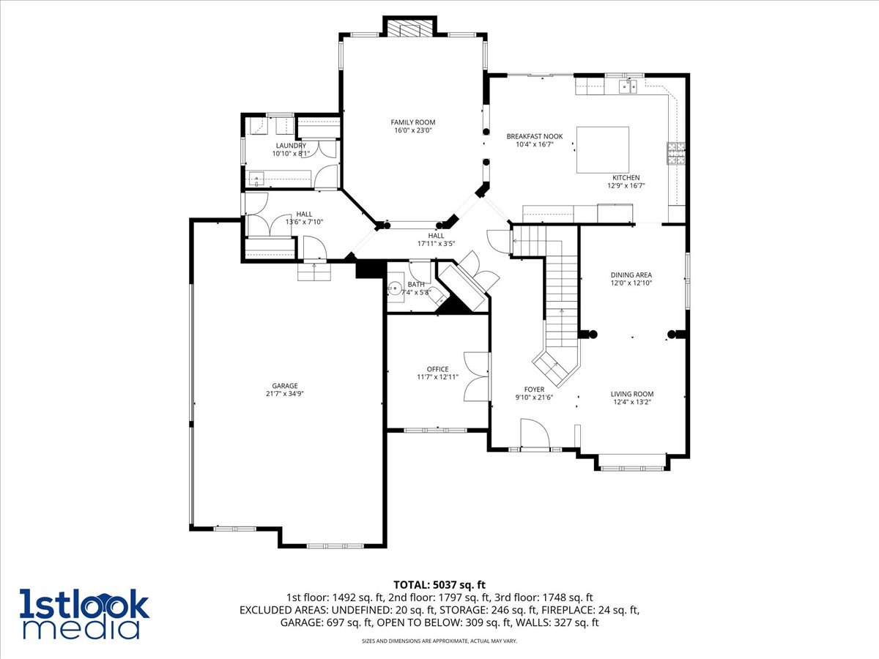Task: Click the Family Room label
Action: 412,122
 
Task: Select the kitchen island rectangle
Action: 602,149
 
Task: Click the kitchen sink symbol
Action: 628,87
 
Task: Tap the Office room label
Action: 437,369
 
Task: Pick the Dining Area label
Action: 631,275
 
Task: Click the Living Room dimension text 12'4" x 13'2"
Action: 631,401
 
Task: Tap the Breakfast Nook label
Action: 535,136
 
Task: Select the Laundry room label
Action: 291,146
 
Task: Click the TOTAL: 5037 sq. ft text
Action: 439,584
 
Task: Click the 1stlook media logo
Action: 84,614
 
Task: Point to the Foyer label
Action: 534,390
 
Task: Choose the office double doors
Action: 476,376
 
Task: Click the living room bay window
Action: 631,462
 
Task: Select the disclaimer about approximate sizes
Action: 439,641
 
